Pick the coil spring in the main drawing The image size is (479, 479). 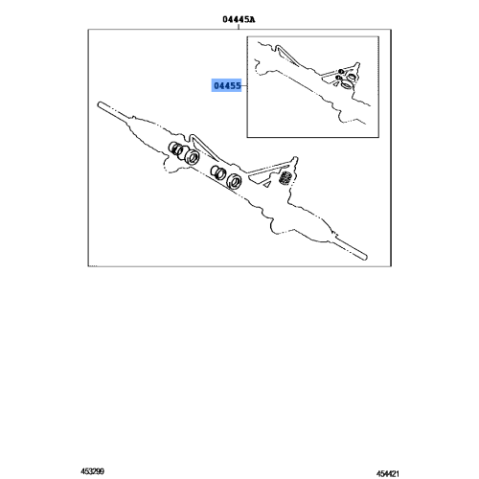(x=285, y=179)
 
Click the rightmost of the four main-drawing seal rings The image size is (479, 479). (x=232, y=178)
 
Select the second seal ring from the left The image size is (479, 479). (x=191, y=157)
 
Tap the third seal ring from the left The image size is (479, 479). (x=217, y=171)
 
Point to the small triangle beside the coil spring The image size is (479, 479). (x=270, y=173)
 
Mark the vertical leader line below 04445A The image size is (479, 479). (x=239, y=26)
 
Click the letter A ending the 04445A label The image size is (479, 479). (x=252, y=17)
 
